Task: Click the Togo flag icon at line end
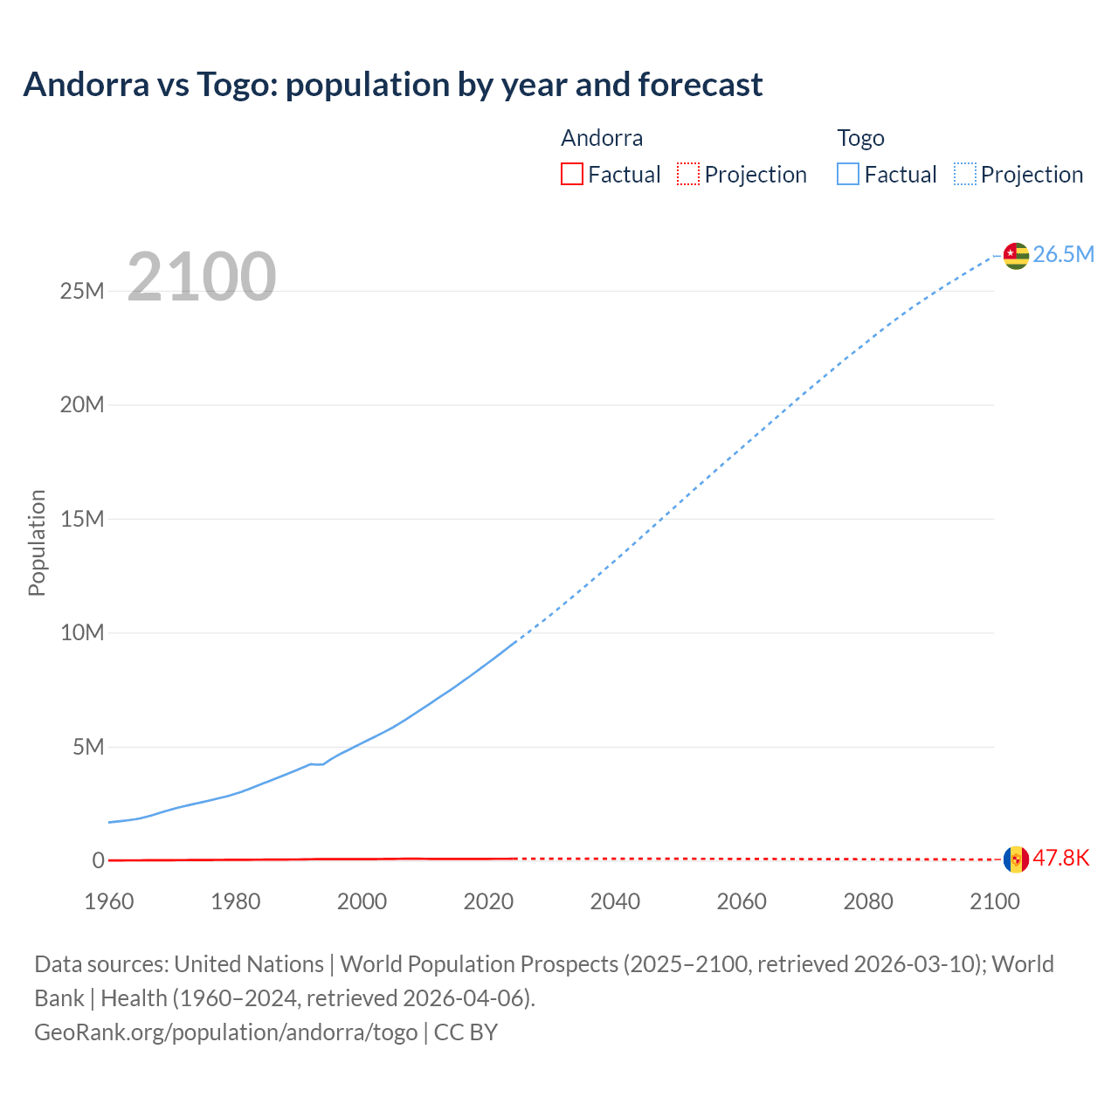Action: pos(1016,255)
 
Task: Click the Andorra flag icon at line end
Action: pos(1016,859)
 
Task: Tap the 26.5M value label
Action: pos(1063,254)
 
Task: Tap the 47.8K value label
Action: pos(1061,859)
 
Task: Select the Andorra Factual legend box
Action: pos(572,174)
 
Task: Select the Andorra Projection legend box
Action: pos(688,174)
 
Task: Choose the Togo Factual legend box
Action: pos(848,174)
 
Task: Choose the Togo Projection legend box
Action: pos(964,174)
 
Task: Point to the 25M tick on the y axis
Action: pos(82,291)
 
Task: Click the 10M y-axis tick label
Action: pos(82,632)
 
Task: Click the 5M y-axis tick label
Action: pos(88,747)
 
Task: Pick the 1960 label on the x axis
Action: pos(109,901)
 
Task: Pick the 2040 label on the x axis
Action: pos(615,901)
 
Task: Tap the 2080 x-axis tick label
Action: pos(868,901)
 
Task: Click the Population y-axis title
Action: pos(37,542)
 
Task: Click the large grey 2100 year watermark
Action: pos(202,277)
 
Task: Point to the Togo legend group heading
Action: pos(860,138)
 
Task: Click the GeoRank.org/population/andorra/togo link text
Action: pos(226,1032)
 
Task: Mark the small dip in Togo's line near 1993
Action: pos(320,764)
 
